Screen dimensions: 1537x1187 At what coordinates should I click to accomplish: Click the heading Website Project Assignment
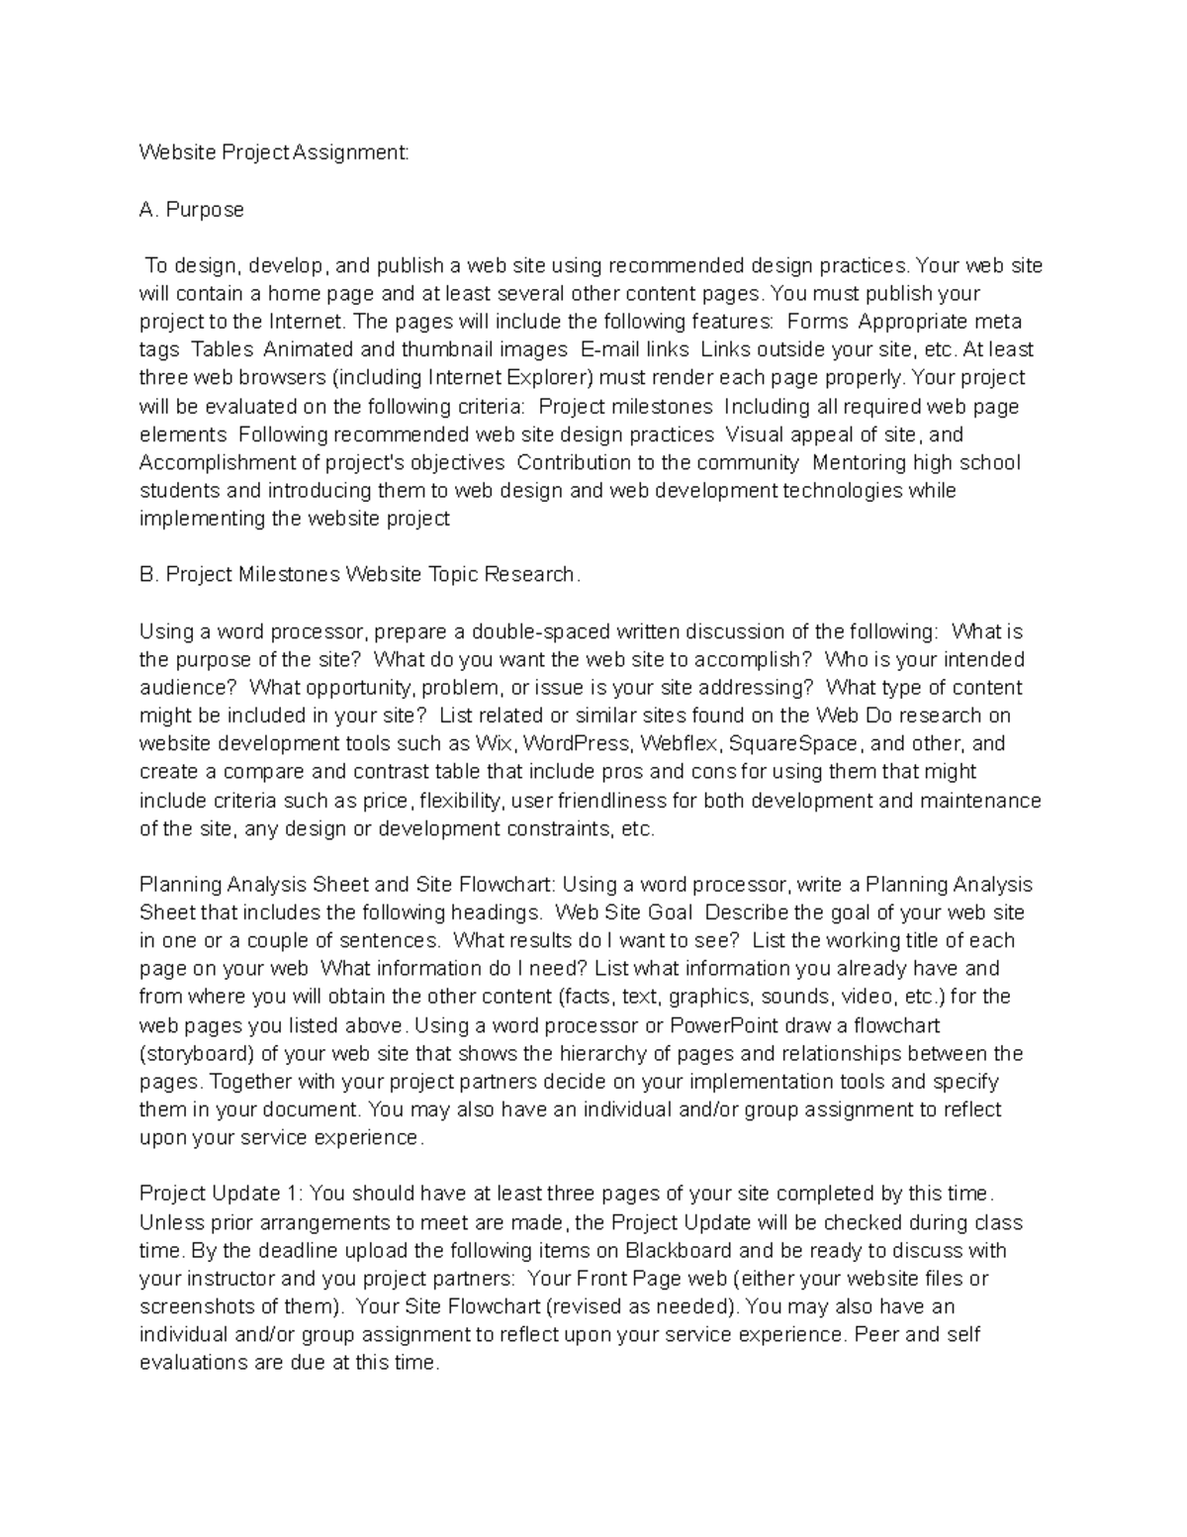click(273, 153)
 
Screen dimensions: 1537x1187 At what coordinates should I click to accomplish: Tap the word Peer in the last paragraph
click(876, 1334)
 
